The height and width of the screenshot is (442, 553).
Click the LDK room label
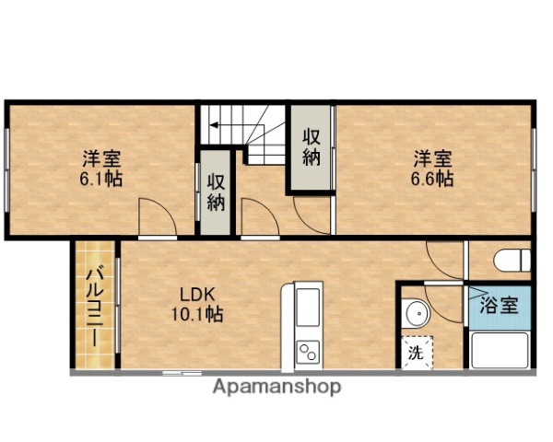click(x=196, y=296)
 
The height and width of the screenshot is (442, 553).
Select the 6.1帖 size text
click(x=102, y=177)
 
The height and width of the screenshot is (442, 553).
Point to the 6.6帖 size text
click(x=431, y=178)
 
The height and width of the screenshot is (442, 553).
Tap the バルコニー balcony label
click(x=95, y=307)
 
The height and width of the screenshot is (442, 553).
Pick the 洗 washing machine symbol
click(x=415, y=351)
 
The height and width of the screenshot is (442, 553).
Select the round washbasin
click(x=417, y=313)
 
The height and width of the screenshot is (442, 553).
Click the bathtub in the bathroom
click(x=500, y=350)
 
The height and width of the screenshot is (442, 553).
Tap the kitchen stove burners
click(x=306, y=351)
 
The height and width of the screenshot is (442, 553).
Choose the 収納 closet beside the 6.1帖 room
click(x=216, y=192)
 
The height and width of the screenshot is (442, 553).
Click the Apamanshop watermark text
click(x=276, y=387)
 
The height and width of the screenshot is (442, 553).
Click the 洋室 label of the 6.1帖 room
click(x=102, y=157)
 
